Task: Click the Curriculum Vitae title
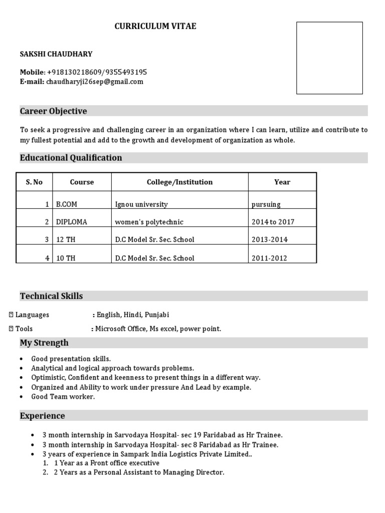click(x=155, y=27)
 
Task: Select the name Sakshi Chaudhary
click(x=56, y=54)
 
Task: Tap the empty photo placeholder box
click(x=329, y=58)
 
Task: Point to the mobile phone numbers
click(x=97, y=72)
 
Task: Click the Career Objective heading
click(x=53, y=111)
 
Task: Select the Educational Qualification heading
click(x=71, y=158)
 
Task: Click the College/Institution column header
click(x=179, y=182)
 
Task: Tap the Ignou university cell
click(x=141, y=204)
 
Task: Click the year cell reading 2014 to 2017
click(x=273, y=222)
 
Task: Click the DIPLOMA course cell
click(x=71, y=222)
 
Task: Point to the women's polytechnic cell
click(x=149, y=222)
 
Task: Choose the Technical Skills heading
click(x=51, y=296)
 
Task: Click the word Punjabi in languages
click(x=157, y=315)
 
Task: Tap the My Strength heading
click(x=44, y=343)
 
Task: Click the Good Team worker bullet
click(x=63, y=397)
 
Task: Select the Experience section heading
click(x=42, y=416)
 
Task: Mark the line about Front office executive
click(x=106, y=463)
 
